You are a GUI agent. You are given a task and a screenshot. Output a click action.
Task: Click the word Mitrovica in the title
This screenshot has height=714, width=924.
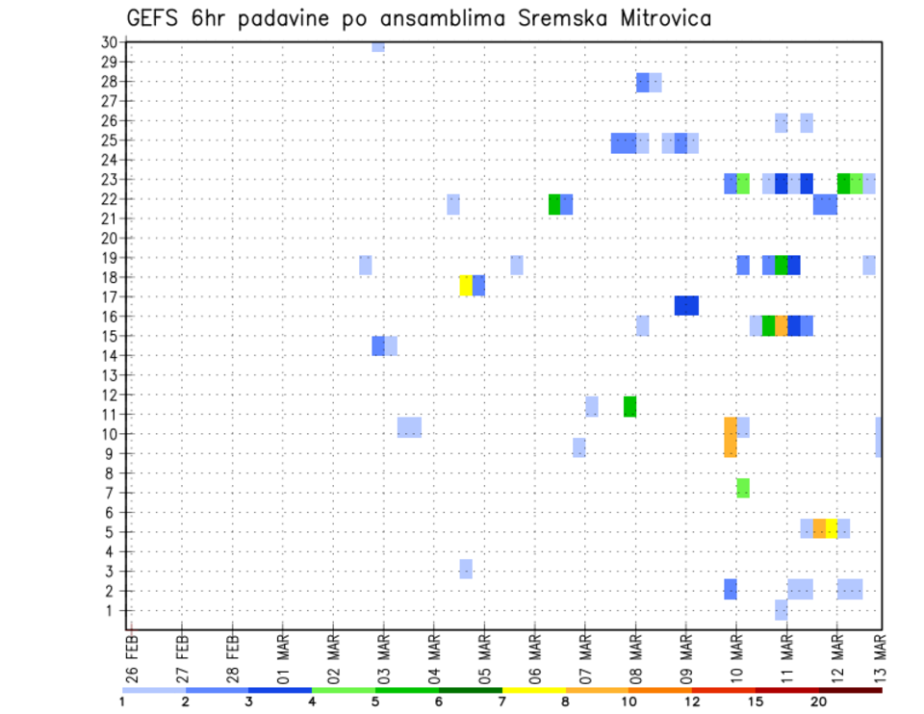tap(650, 17)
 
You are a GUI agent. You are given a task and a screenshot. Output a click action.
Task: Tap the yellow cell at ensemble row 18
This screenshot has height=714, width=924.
tap(466, 286)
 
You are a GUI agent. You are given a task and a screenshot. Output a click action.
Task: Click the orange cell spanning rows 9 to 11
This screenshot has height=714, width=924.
tap(731, 437)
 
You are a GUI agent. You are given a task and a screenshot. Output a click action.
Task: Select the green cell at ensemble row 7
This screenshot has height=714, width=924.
tap(743, 488)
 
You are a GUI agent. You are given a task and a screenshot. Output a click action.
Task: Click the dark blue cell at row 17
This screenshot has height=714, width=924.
tap(686, 305)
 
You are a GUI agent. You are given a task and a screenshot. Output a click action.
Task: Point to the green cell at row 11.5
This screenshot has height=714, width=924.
tap(629, 407)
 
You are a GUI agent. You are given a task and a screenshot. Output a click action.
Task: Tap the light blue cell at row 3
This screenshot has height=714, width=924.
tap(466, 569)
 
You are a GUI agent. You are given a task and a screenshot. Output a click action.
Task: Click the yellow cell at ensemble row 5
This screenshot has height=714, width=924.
tap(832, 528)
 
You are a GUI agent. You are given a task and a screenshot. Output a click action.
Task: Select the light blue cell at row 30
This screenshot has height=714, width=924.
tap(378, 45)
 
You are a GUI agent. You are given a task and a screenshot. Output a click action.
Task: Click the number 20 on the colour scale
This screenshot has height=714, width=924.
tap(818, 701)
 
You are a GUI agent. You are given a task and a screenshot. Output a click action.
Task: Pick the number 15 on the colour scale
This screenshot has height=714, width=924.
tap(755, 701)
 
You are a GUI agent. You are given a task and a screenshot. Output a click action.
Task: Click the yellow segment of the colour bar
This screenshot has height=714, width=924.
tap(533, 690)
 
